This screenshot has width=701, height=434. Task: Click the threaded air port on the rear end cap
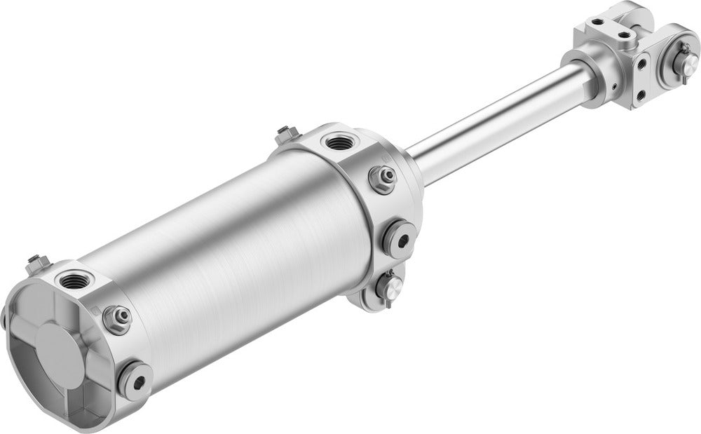[x=72, y=282]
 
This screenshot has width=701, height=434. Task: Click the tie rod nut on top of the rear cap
[x=38, y=264]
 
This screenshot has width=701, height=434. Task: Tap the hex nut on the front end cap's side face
[x=383, y=179]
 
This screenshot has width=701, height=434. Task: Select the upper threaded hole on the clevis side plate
[x=641, y=64]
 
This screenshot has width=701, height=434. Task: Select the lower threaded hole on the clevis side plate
[x=640, y=91]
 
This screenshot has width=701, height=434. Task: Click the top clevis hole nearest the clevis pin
[x=624, y=32]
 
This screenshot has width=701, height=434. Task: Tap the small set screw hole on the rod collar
[x=615, y=87]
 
